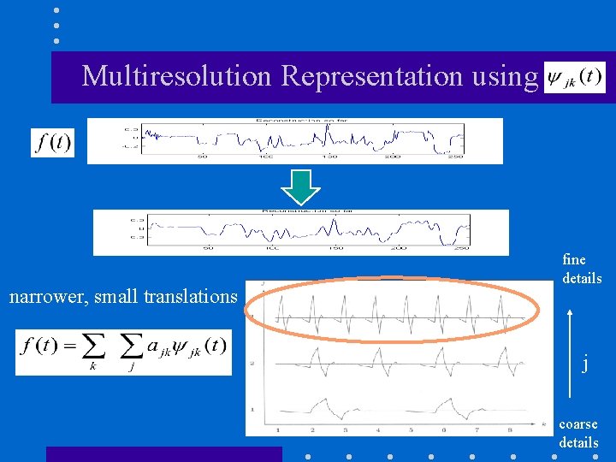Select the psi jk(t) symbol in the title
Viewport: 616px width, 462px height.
coord(574,77)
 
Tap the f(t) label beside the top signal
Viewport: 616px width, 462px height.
coord(53,142)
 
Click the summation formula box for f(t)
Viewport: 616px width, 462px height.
coord(123,352)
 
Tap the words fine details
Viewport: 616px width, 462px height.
coord(582,269)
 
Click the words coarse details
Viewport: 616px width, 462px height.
coord(578,433)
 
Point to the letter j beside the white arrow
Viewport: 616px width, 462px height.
coord(585,364)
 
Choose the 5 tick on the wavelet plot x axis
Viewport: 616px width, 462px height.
coord(411,429)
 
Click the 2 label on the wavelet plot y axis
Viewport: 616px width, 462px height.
coord(252,364)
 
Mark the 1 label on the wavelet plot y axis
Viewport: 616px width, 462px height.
coord(252,409)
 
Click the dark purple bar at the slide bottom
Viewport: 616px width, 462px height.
coord(163,454)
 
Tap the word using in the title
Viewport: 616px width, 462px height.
coord(503,76)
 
